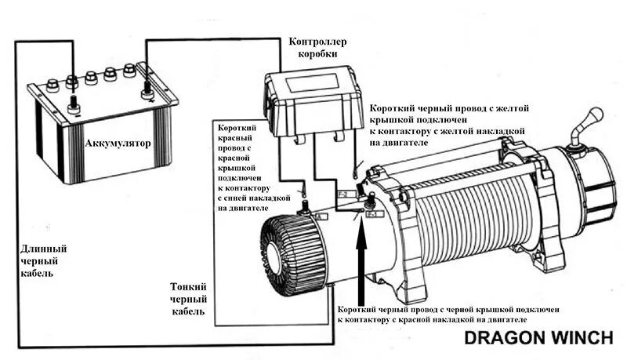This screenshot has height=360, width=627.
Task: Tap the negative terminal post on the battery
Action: coord(72,101)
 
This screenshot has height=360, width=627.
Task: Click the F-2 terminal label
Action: coord(342,194)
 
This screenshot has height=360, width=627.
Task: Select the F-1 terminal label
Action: coord(372,213)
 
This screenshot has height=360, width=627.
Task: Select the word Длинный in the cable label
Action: coord(44,247)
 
